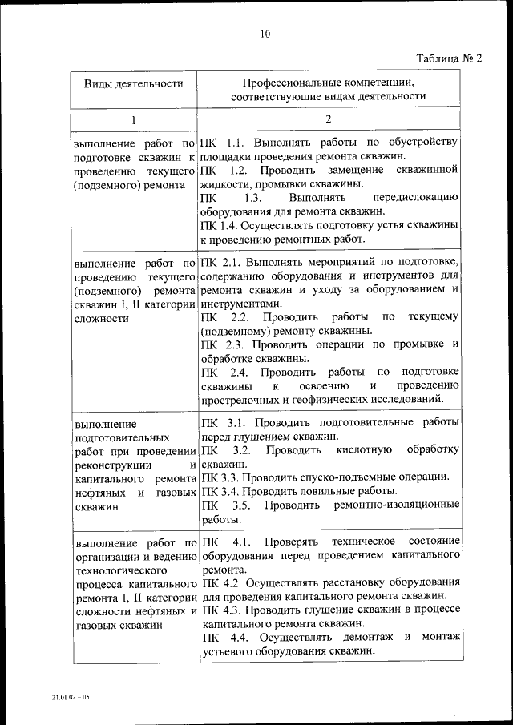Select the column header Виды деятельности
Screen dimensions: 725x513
point(134,83)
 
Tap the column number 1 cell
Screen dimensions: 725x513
point(134,119)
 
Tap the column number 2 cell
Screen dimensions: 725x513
point(328,119)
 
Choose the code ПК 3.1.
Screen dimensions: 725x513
point(220,422)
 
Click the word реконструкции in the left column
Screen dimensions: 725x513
point(107,465)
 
